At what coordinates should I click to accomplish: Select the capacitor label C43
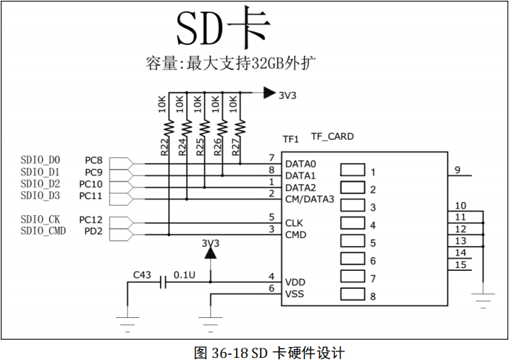143,275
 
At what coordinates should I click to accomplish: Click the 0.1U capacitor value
185,275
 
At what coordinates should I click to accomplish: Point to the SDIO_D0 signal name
41,159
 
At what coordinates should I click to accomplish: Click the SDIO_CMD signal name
43,230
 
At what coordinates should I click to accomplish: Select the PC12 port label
91,219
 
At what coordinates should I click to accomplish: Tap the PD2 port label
94,231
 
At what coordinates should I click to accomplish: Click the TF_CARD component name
332,136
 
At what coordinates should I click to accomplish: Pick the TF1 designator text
290,138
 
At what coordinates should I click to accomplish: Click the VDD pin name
295,282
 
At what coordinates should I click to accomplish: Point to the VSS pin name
295,294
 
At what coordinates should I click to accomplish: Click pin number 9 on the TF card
458,170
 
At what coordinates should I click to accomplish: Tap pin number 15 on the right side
460,264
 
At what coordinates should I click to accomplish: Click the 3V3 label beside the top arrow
287,94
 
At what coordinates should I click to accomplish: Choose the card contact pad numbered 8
353,295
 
